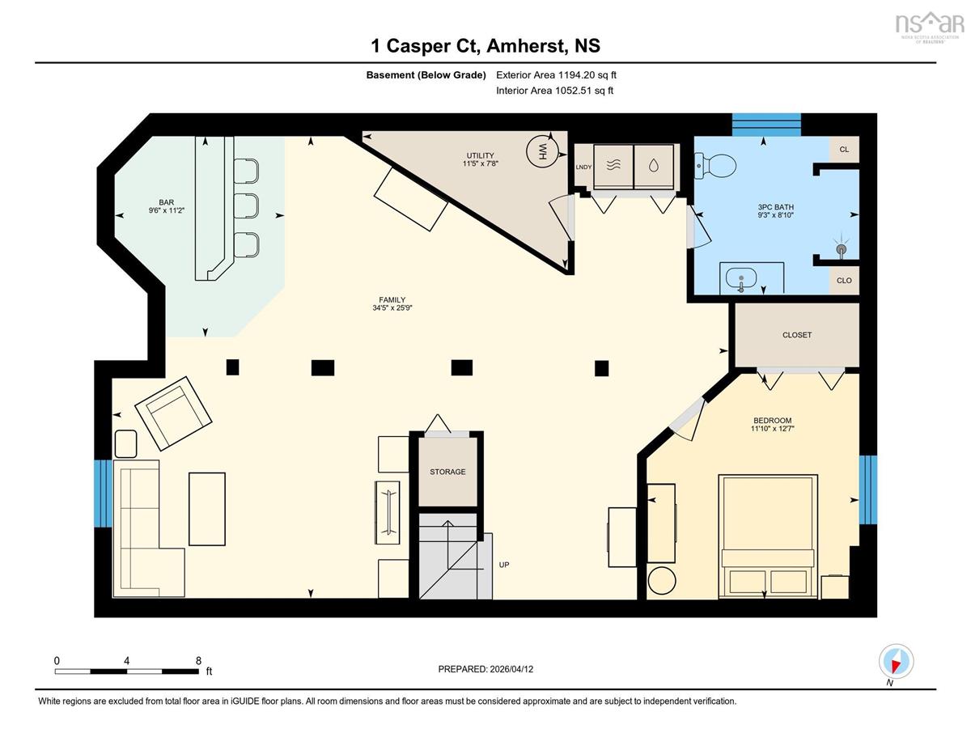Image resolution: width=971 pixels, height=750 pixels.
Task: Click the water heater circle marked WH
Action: coord(542,151)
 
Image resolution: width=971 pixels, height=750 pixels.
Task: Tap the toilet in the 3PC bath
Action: coord(714,166)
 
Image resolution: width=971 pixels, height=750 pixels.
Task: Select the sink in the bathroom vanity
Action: coord(741,279)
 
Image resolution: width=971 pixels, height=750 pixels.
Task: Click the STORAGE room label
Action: coord(447,472)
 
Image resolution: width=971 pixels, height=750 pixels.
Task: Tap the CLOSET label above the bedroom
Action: coord(797,335)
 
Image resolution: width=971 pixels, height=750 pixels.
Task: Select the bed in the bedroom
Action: coord(768,536)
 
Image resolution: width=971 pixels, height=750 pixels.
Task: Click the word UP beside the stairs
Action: coord(504,565)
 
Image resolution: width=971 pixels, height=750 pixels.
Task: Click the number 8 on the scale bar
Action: coord(198,660)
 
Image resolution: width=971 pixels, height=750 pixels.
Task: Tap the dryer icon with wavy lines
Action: coord(613,166)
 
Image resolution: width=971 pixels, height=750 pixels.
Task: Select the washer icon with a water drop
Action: coord(654,166)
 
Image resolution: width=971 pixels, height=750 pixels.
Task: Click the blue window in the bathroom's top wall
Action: coord(766,125)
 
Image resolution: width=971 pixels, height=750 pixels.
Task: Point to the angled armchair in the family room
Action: coord(173,413)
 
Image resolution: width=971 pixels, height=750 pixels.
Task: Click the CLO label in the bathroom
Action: coord(844,280)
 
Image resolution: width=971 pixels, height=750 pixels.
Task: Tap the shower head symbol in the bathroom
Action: coord(842,248)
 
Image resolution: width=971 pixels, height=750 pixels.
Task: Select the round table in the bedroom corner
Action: coord(662,580)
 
